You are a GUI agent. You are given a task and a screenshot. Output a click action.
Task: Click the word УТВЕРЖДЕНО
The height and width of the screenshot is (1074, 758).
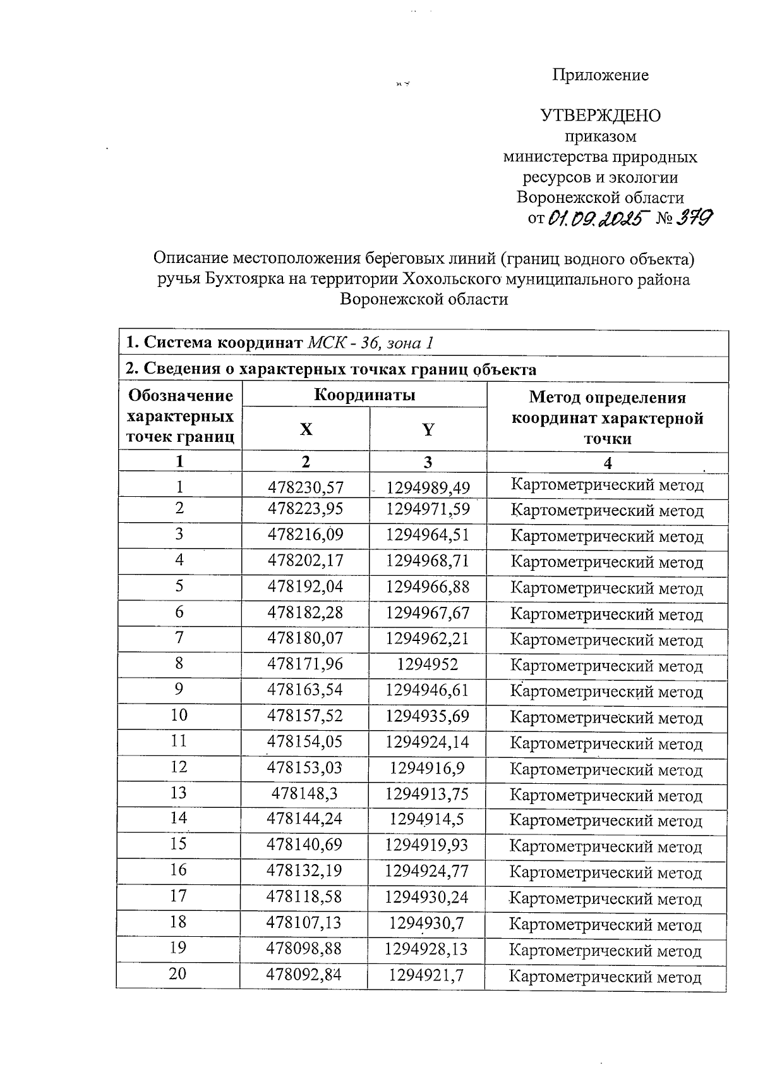click(600, 116)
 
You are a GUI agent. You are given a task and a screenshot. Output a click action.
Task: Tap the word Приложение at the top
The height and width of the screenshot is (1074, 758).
click(600, 75)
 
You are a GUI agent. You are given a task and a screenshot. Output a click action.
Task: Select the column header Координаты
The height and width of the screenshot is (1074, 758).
click(364, 396)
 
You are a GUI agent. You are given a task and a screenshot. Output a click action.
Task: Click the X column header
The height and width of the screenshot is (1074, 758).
click(306, 430)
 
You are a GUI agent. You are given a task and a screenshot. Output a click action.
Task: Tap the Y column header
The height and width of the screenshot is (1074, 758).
click(428, 430)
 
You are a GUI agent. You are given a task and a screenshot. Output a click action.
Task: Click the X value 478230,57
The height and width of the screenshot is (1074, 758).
click(305, 487)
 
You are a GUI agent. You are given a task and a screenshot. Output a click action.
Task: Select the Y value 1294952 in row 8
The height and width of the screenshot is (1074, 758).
click(428, 664)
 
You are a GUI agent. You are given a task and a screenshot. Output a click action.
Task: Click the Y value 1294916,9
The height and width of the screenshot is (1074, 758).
click(428, 768)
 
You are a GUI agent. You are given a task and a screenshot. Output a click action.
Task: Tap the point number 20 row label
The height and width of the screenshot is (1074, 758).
click(178, 973)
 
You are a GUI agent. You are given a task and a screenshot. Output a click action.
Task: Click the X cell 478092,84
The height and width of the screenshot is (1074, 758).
click(304, 975)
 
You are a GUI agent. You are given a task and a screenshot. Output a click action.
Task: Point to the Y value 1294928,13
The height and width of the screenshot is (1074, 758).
click(428, 949)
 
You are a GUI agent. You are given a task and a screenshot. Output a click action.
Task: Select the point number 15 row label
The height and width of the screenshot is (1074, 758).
click(179, 845)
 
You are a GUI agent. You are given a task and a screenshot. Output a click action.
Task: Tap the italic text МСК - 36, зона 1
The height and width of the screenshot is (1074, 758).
click(371, 343)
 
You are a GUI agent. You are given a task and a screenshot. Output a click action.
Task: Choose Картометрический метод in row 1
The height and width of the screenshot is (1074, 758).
click(606, 486)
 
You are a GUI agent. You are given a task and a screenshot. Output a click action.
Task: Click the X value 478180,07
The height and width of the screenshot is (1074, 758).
click(305, 638)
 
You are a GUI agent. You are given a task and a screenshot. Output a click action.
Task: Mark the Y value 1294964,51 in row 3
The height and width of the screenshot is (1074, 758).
click(428, 535)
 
